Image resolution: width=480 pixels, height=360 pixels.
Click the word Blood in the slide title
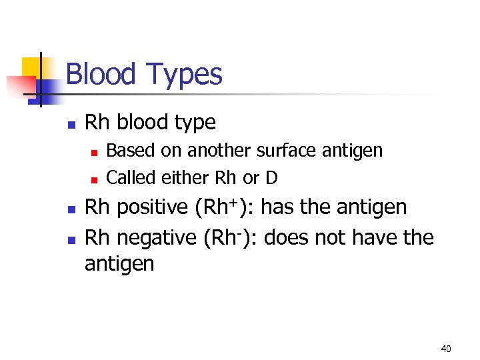99,74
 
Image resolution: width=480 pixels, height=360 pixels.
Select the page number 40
446,349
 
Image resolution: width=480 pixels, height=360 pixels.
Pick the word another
220,151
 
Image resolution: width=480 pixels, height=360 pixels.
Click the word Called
131,178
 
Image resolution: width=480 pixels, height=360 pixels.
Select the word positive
152,208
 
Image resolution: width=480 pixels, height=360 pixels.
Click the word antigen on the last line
119,264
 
